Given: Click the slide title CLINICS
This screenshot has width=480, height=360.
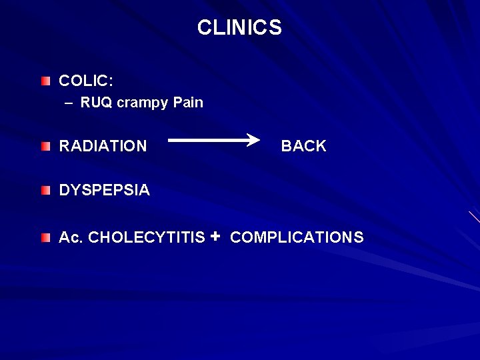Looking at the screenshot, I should pos(239,28).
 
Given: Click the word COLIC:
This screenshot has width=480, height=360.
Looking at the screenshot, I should pos(86,81).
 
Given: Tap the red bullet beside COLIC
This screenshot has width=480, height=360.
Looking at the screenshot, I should pos(45,81).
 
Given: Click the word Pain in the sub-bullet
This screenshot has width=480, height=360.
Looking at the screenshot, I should pos(187,103).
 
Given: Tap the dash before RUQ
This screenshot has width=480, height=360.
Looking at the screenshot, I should pos(69,103).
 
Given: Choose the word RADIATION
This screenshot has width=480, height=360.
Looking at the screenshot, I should pos(103,146).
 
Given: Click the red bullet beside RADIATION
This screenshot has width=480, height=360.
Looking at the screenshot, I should pos(45,146).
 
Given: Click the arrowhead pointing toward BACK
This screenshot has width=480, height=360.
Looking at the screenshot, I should pos(254,139).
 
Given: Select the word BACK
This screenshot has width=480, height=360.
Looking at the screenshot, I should pos(303,146).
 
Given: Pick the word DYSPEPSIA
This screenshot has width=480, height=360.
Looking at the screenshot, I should pos(105,190).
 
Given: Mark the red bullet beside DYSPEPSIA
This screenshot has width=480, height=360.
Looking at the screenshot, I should pos(45,191).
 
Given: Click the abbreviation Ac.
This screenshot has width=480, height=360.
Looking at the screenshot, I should pos(71,237).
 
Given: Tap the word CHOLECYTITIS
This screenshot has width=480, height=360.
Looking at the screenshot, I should pos(147,237).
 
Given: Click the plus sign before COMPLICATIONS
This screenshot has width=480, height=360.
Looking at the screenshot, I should pos(215,236).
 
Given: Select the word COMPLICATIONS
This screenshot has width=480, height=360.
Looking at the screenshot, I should pos(297,237).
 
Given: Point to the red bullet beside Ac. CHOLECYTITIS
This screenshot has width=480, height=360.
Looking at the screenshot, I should pos(45,238).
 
